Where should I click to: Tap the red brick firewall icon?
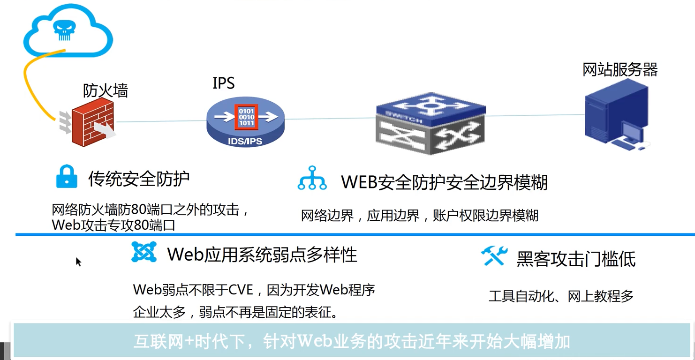tap(92, 122)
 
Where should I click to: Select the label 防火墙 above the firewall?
tap(105, 90)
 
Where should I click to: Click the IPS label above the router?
tap(223, 83)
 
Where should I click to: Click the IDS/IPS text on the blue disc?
tap(245, 141)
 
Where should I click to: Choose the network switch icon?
tap(431, 124)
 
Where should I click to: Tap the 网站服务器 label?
tap(620, 69)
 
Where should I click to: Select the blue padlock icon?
tap(67, 177)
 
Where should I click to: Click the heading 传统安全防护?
tap(139, 179)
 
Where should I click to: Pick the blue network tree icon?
tap(312, 179)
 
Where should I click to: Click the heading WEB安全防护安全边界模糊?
tap(444, 182)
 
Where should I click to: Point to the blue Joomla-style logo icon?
tap(144, 252)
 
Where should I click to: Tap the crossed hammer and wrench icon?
tap(494, 256)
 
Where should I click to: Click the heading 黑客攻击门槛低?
tap(576, 259)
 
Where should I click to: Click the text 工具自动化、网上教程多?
tap(561, 296)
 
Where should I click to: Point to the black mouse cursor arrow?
tap(78, 262)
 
